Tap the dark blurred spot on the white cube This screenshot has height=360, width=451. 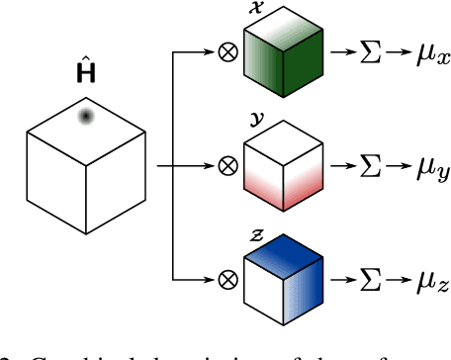tap(86, 118)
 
